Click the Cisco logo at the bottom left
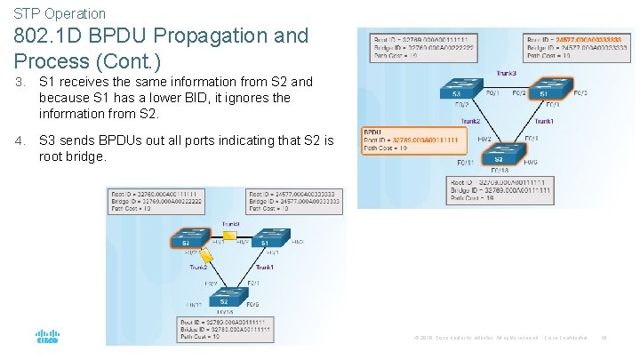click(x=46, y=338)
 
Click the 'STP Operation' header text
click(x=60, y=13)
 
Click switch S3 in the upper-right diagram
click(x=455, y=92)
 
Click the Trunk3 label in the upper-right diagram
click(x=508, y=74)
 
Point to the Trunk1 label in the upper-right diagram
click(x=544, y=121)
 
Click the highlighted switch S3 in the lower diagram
click(x=185, y=241)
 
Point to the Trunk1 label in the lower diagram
click(x=265, y=267)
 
